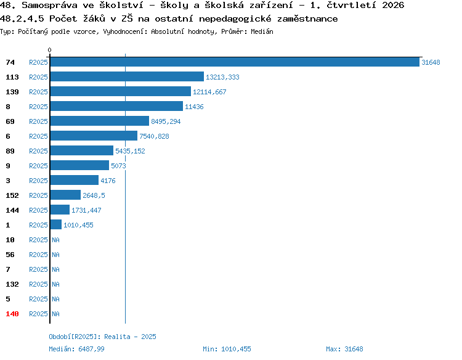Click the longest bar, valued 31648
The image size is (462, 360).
tap(235, 62)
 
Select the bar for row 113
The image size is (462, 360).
tap(127, 76)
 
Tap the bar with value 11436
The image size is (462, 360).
tap(116, 106)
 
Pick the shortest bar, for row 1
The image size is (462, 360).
tap(56, 224)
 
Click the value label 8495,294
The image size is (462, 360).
tap(166, 121)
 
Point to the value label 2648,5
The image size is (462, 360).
tap(94, 195)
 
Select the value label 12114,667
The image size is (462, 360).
tap(209, 92)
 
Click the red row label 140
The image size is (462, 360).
tap(12, 314)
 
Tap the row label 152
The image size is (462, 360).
tap(12, 195)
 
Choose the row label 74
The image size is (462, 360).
tap(10, 62)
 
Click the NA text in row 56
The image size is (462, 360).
tap(55, 255)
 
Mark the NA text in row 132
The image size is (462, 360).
tap(55, 284)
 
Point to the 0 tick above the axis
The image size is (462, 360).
tap(49, 50)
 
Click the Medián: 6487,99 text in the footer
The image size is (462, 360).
tap(76, 349)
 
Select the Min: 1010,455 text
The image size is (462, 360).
tap(227, 349)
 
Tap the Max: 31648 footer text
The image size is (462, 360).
tap(344, 349)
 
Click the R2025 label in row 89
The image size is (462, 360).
tap(38, 151)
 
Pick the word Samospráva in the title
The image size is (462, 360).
tap(49, 5)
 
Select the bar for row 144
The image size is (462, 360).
tap(60, 210)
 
